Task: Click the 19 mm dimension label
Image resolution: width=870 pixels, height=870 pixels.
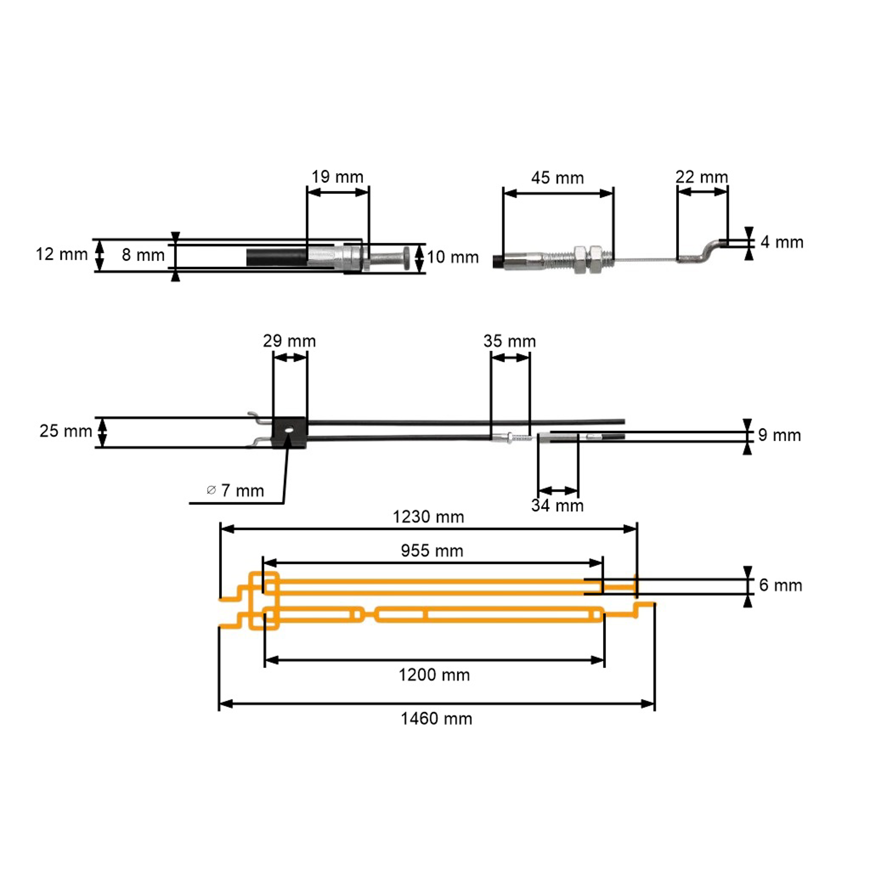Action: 337,177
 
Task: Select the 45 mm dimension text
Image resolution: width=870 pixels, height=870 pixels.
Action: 557,178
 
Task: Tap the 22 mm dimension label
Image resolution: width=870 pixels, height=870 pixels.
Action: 702,177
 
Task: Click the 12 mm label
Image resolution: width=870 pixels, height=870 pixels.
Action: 62,254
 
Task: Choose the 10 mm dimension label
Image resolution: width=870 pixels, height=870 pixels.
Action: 453,257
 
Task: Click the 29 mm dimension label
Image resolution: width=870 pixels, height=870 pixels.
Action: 289,341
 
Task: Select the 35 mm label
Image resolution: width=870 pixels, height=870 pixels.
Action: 510,341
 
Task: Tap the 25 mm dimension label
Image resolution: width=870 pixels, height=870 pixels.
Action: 66,431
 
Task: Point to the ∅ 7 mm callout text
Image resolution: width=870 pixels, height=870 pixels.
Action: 235,490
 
